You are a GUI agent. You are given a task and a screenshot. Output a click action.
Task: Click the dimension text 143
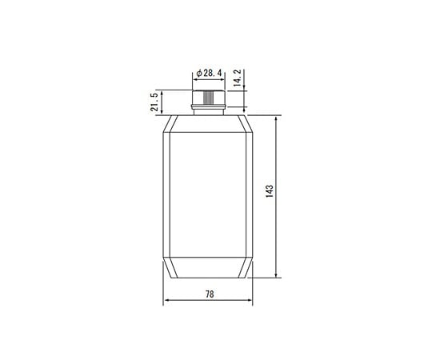coord(270,192)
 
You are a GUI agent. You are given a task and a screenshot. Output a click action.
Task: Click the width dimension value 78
coord(209,294)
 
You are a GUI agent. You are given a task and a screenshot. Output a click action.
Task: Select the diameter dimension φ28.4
coord(209,73)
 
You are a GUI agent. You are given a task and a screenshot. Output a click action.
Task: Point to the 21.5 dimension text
coord(154,102)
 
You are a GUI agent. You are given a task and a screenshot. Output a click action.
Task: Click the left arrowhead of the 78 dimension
coord(166,302)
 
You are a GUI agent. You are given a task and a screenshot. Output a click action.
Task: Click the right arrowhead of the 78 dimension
coord(251,302)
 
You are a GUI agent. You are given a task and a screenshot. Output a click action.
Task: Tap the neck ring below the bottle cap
coord(209,110)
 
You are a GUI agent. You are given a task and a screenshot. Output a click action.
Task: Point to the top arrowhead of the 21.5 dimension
coord(162,94)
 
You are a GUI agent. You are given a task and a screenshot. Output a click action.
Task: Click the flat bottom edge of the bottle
coord(209,277)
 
